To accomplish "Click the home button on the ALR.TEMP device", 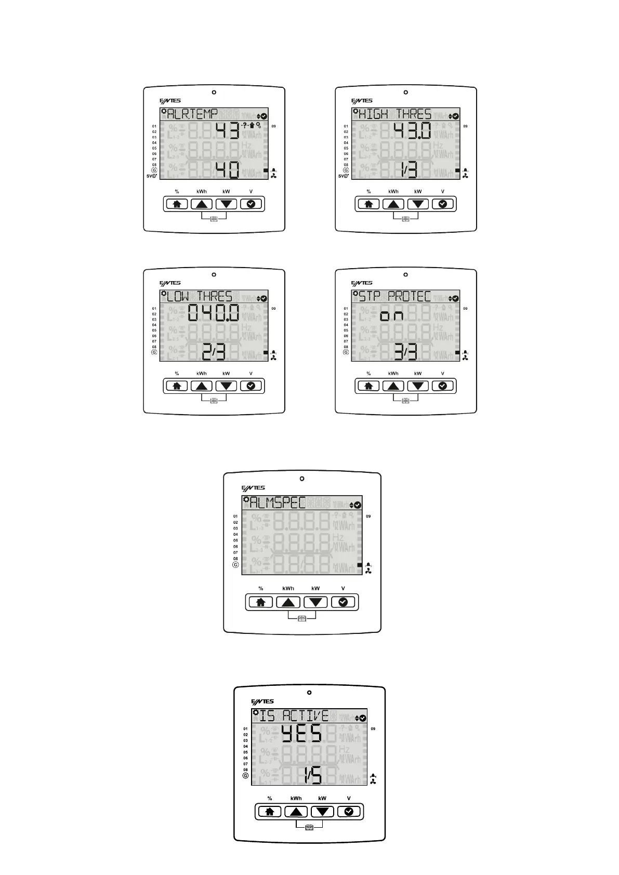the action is pos(177,204).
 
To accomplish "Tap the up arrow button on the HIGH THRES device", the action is pos(393,204).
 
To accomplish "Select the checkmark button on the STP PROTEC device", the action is pos(443,386).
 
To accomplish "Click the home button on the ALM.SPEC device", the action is pos(261,602).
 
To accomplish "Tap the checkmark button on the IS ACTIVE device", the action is pos(349,812).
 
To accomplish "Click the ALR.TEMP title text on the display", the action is pos(192,114).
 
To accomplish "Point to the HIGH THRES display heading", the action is pos(395,114).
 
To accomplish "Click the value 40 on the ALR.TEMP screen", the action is pos(227,170).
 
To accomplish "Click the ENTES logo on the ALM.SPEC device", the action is pos(253,488).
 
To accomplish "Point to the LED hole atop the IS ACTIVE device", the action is pos(309,693).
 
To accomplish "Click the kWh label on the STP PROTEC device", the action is pos(393,374).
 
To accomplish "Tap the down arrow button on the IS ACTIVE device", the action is pos(322,812).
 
